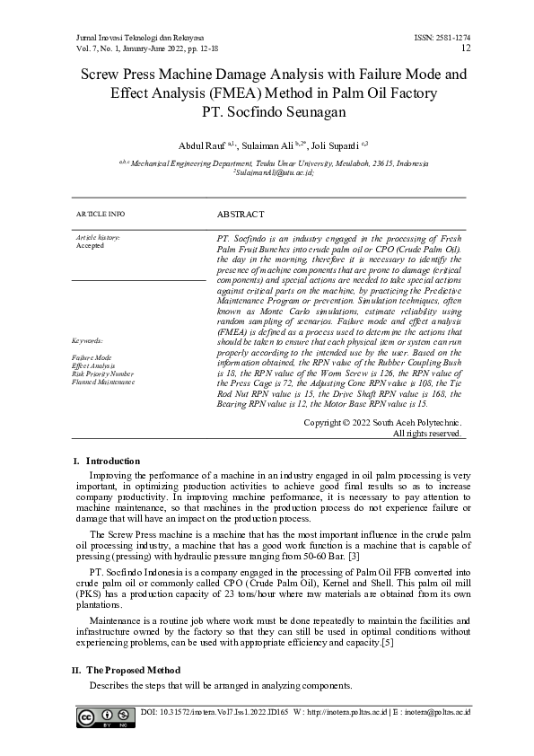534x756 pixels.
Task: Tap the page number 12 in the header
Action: tap(465, 48)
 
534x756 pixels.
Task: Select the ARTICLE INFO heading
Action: tap(101, 215)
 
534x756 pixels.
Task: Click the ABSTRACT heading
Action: tap(241, 215)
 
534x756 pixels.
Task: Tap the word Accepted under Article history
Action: tap(90, 245)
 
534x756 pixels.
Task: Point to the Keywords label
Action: tap(89, 341)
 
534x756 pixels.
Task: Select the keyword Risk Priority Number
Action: tap(103, 373)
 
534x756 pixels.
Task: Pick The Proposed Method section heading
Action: tap(132, 670)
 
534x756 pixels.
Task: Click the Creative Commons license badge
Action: tap(100, 716)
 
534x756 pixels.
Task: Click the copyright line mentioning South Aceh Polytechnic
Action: tap(383, 422)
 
